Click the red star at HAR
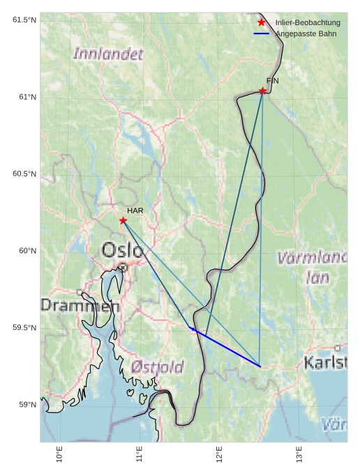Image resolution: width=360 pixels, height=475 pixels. pyautogui.click(x=123, y=220)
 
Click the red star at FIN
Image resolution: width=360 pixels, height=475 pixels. pyautogui.click(x=262, y=91)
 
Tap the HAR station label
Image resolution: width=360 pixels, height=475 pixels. pyautogui.click(x=135, y=210)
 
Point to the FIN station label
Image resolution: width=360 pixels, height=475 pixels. pyautogui.click(x=272, y=81)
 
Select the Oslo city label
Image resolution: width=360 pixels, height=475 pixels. pyautogui.click(x=123, y=250)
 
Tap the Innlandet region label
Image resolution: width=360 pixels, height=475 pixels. pyautogui.click(x=108, y=53)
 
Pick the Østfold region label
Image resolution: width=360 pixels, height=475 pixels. pyautogui.click(x=157, y=366)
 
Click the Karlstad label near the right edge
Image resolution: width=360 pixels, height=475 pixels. pyautogui.click(x=325, y=362)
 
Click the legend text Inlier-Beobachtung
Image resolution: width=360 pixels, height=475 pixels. pyautogui.click(x=308, y=23)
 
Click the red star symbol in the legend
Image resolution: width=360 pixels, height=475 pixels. pyautogui.click(x=262, y=23)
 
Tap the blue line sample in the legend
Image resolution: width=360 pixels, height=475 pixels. pyautogui.click(x=262, y=33)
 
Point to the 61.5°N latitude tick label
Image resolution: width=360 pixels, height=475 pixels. pyautogui.click(x=24, y=20)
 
